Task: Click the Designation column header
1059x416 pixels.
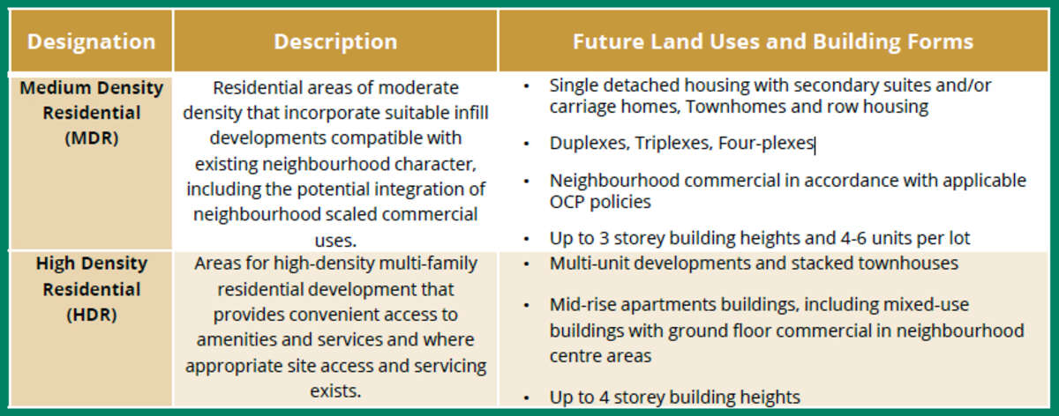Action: point(91,42)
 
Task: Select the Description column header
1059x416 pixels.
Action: point(335,42)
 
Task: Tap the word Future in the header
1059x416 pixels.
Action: point(608,41)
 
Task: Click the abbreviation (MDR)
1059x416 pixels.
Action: point(92,137)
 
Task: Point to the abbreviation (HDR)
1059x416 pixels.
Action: point(92,315)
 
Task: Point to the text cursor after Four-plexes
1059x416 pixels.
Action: point(815,145)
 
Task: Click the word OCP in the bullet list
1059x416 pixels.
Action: point(567,202)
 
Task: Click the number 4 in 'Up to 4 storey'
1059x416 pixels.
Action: point(604,397)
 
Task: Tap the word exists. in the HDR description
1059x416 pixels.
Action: point(335,391)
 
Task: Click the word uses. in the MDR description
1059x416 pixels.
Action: point(335,241)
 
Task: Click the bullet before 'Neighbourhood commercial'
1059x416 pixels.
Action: point(526,182)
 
